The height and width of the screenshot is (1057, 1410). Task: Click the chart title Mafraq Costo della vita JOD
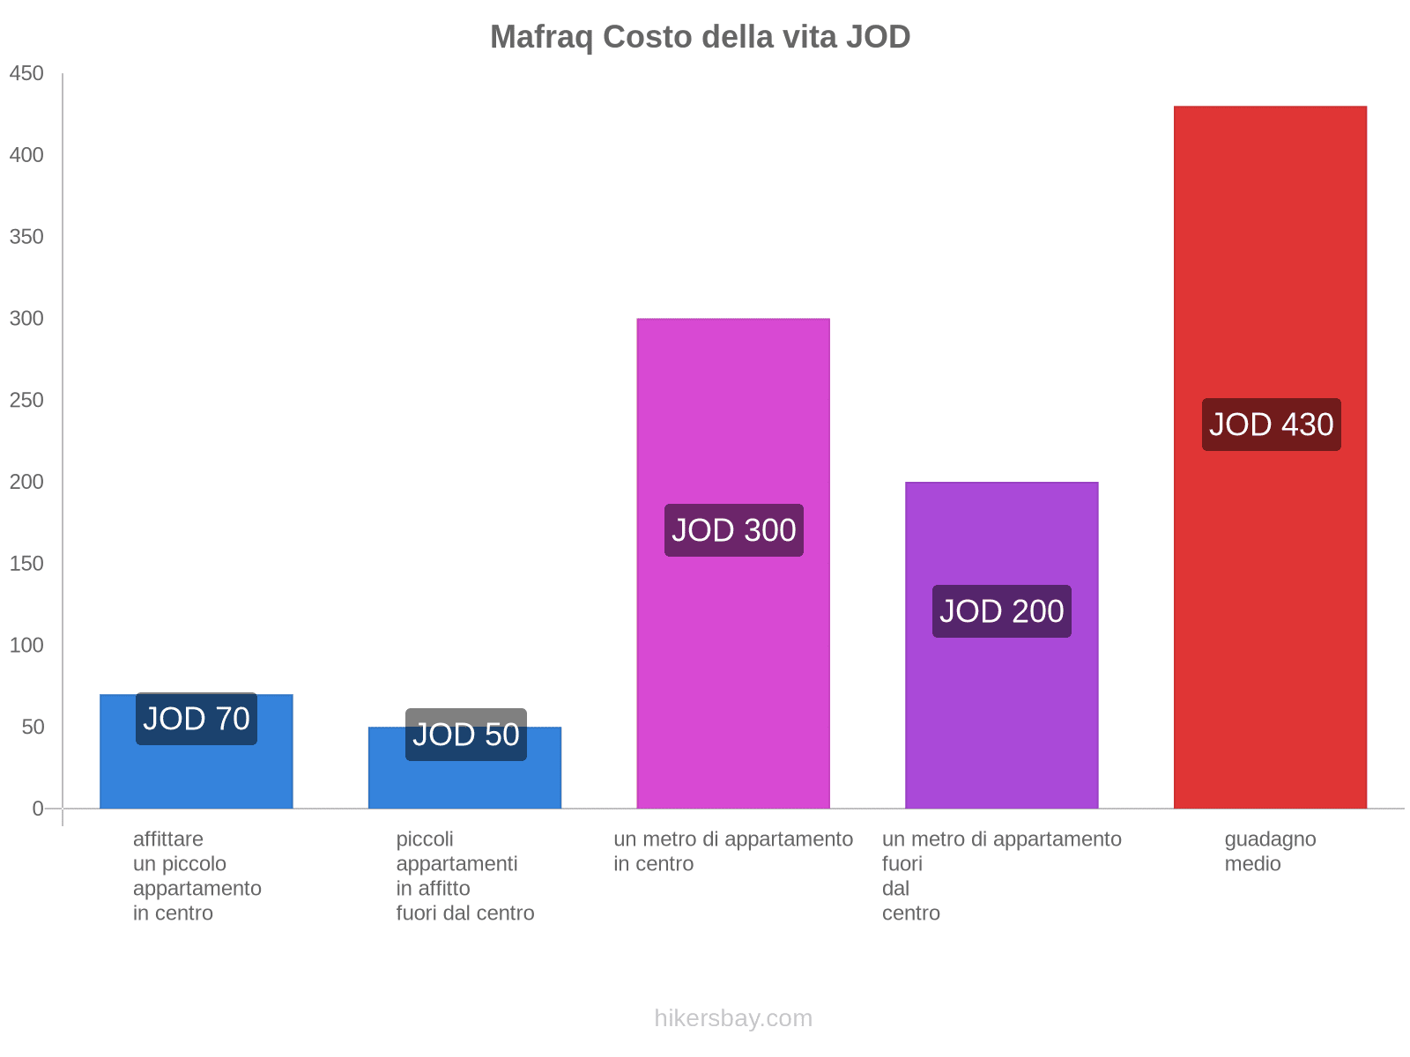pyautogui.click(x=700, y=37)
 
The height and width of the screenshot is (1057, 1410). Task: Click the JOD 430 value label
pyautogui.click(x=1271, y=425)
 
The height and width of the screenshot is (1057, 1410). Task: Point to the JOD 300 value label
pyautogui.click(x=733, y=530)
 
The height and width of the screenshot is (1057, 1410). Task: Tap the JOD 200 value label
pyautogui.click(x=1001, y=611)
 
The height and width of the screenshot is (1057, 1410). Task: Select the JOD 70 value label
pyautogui.click(x=196, y=719)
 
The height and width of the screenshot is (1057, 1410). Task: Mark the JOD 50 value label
pyautogui.click(x=465, y=735)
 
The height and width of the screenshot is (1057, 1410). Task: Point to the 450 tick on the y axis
pyautogui.click(x=26, y=74)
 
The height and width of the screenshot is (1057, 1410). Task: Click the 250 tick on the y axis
pyautogui.click(x=26, y=401)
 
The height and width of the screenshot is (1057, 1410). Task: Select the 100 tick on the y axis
pyautogui.click(x=26, y=646)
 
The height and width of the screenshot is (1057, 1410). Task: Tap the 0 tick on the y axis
pyautogui.click(x=37, y=809)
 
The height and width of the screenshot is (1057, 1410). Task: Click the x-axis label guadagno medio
pyautogui.click(x=1269, y=852)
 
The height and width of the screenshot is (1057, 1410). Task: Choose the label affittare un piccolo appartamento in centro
pyautogui.click(x=197, y=876)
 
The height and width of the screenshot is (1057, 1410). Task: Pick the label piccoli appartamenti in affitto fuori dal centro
pyautogui.click(x=464, y=876)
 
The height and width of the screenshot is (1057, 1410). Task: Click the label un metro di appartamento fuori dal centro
pyautogui.click(x=1001, y=876)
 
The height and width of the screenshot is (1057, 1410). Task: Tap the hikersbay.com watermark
pyautogui.click(x=732, y=1018)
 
